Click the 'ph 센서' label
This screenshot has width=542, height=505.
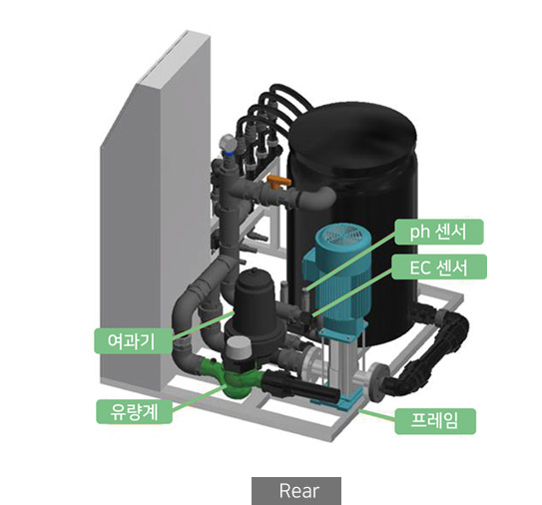438,232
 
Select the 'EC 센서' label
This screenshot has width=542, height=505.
439,266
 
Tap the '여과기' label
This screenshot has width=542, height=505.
133,340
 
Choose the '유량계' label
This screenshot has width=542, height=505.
134,411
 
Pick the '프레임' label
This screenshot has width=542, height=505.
435,421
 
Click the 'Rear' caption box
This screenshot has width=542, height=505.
296,491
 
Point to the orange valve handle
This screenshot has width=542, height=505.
278,182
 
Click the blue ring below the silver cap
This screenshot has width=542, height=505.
229,153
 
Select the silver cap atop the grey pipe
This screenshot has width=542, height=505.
228,142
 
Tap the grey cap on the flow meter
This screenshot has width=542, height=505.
239,346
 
